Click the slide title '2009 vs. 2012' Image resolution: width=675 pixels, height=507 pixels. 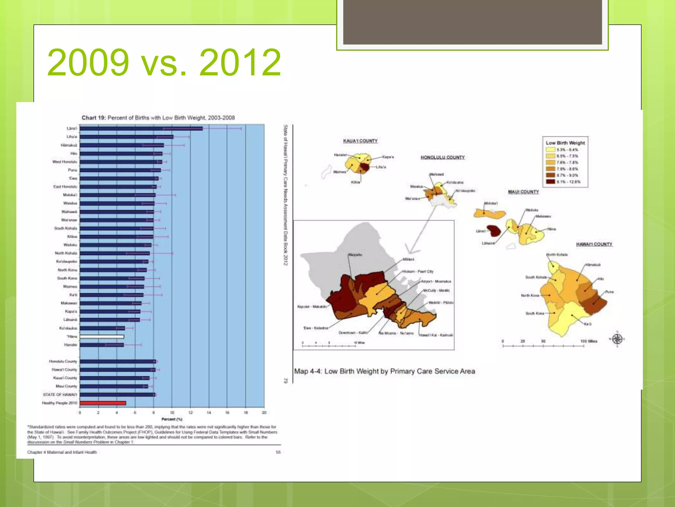[x=164, y=62]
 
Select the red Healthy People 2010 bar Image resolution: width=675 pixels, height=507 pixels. [x=103, y=403]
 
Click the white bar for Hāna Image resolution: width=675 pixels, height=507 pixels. [x=102, y=337]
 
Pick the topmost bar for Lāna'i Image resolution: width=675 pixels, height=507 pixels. [x=141, y=128]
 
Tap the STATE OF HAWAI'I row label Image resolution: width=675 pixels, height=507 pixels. [x=60, y=395]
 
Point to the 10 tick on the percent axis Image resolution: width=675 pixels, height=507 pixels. [x=172, y=413]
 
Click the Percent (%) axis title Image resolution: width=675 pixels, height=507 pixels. [x=172, y=419]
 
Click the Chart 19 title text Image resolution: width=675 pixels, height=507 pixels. [x=158, y=118]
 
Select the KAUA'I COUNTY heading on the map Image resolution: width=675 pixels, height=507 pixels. [x=360, y=141]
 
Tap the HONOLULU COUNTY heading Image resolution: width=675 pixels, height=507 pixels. [x=442, y=157]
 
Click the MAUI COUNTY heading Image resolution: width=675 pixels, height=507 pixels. [x=523, y=192]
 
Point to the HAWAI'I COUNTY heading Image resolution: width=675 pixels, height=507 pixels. [x=594, y=244]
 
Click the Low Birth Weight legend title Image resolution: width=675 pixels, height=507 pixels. [x=565, y=143]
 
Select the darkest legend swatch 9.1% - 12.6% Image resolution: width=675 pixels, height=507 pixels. [x=550, y=182]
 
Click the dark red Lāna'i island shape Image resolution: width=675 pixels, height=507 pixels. [x=493, y=230]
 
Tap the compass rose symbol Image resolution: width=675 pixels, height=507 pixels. [x=617, y=339]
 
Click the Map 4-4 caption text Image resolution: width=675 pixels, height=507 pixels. [x=384, y=371]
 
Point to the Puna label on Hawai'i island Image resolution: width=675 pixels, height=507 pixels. [x=609, y=292]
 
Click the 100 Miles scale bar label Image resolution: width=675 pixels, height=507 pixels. [x=589, y=341]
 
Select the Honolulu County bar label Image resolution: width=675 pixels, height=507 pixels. [x=63, y=361]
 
